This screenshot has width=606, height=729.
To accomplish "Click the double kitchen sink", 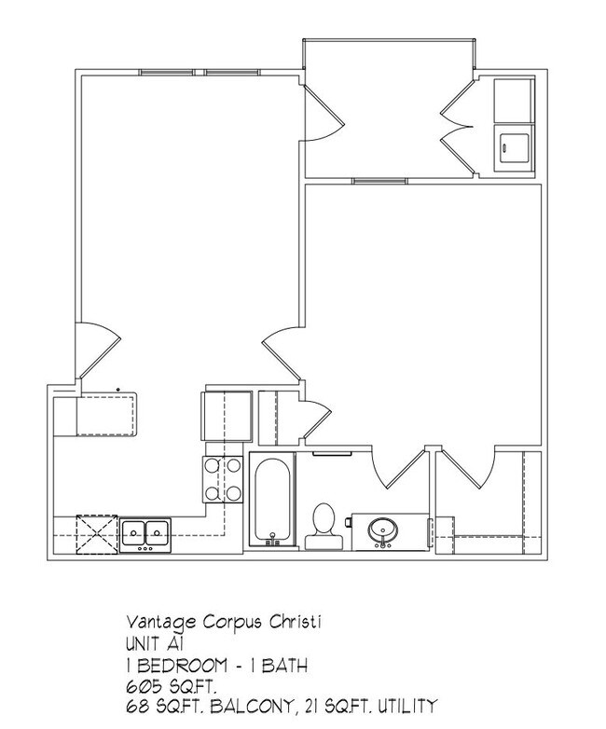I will [145, 533].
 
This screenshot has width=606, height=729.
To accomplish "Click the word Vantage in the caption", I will [155, 620].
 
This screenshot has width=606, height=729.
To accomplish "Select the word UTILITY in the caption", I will [402, 706].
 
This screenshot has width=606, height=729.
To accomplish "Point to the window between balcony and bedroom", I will [368, 180].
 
